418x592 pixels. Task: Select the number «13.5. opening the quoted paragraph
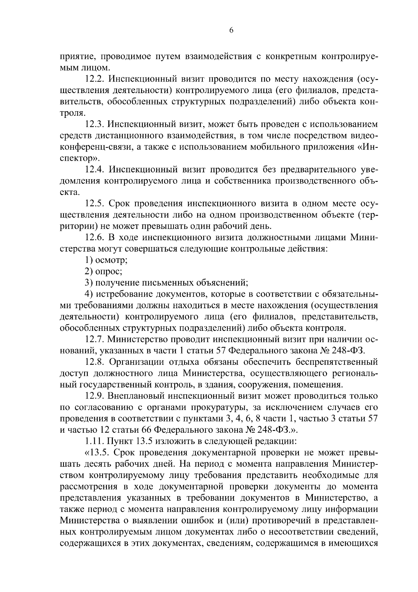coord(96,453)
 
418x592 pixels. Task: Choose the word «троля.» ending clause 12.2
coord(72,113)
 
